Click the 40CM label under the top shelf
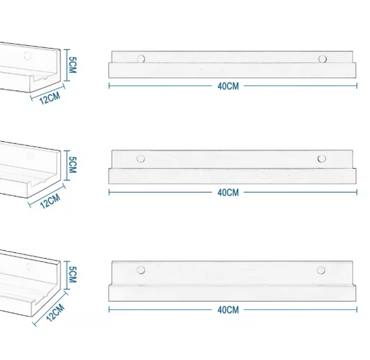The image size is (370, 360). pyautogui.click(x=228, y=87)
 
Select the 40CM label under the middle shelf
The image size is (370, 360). pyautogui.click(x=228, y=192)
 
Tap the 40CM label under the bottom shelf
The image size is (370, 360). pyautogui.click(x=228, y=309)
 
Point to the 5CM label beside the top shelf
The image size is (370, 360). pyautogui.click(x=73, y=65)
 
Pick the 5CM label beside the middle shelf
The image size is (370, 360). pyautogui.click(x=73, y=165)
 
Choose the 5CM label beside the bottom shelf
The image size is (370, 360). pyautogui.click(x=73, y=274)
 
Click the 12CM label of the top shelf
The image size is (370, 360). pyautogui.click(x=49, y=97)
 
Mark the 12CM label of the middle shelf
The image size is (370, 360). pyautogui.click(x=51, y=202)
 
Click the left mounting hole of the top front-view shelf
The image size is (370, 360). pyautogui.click(x=141, y=59)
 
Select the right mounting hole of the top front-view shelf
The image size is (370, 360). pyautogui.click(x=322, y=59)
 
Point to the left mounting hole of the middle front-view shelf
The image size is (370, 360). pyautogui.click(x=141, y=159)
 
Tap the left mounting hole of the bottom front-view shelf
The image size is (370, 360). pyautogui.click(x=141, y=269)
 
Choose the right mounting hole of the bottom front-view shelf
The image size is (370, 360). pyautogui.click(x=321, y=269)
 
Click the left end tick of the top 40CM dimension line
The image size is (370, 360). pyautogui.click(x=110, y=87)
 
